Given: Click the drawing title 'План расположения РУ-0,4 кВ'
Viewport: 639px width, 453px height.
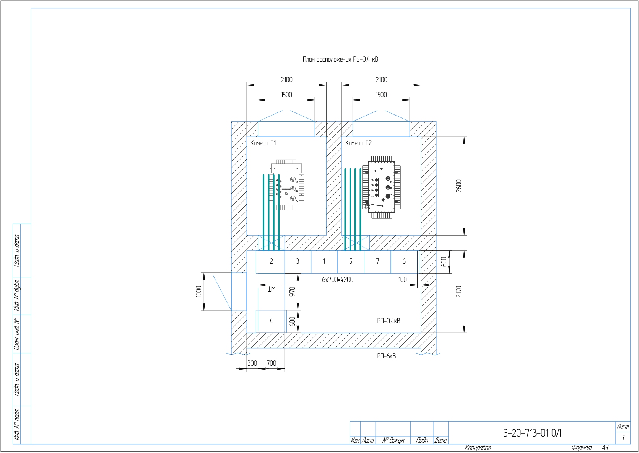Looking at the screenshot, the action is pos(340,59).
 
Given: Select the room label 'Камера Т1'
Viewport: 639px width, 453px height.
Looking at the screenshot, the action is pos(263,143).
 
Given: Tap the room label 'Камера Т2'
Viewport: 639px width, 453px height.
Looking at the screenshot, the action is pos(358,143).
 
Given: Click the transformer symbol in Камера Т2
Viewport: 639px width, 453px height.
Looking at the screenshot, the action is pos(381,187).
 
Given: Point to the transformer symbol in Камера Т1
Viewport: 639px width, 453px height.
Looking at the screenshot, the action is pos(286,185).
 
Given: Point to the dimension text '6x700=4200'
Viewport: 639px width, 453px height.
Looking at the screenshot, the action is pos(338,280).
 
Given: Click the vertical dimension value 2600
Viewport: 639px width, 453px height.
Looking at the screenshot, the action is pos(459,186).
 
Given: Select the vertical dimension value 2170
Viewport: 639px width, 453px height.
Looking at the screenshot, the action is pos(459,292).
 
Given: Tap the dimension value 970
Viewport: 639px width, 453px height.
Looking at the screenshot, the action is pos(293,292).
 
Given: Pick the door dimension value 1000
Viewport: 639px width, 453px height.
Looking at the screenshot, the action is pos(199,292).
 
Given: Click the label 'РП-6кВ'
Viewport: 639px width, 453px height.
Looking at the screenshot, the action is pos(387,356).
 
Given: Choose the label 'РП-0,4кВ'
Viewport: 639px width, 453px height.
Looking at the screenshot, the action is pos(389,321).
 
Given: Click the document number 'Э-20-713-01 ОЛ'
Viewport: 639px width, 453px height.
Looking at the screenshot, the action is pos(532,433).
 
